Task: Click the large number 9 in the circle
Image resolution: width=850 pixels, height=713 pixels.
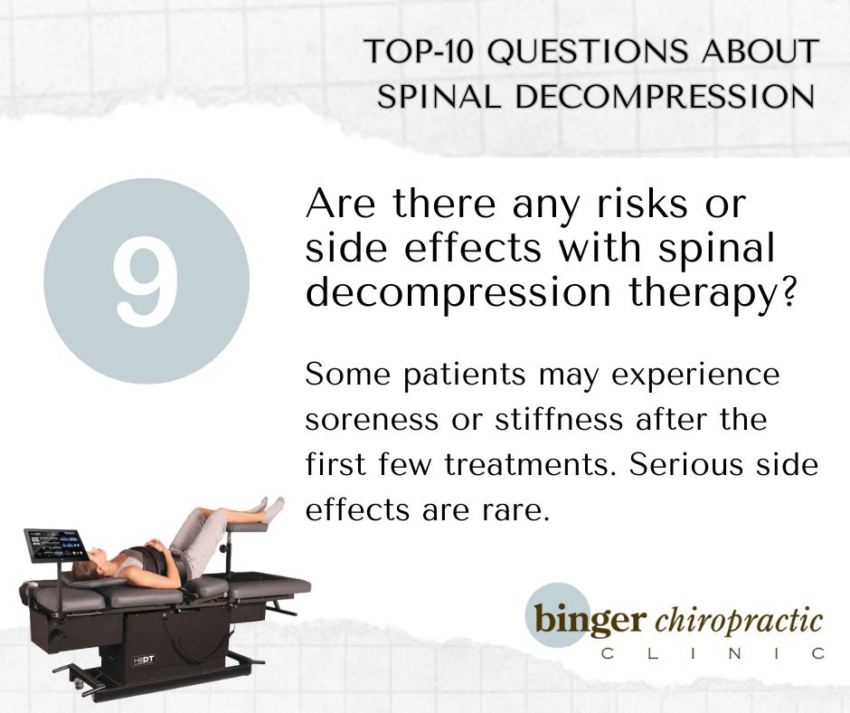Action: (x=146, y=281)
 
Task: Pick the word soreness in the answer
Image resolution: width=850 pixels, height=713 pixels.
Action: (x=372, y=420)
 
